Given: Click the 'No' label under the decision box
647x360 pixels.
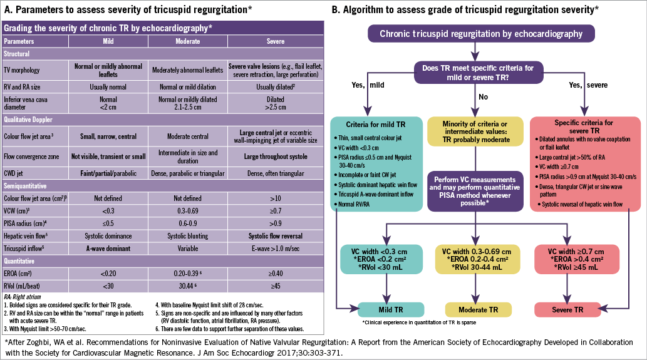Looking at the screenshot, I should click(464, 98).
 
